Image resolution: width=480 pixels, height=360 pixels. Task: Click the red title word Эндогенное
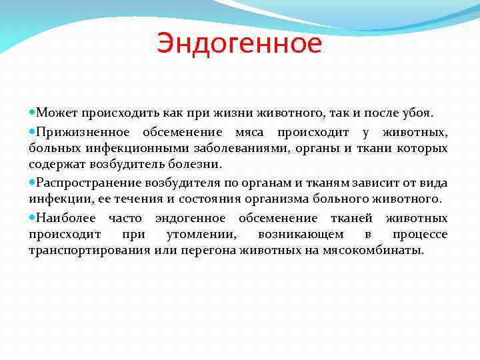point(239,44)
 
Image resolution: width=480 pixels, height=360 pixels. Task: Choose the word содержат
point(55,164)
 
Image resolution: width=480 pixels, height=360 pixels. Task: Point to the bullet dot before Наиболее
point(33,218)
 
